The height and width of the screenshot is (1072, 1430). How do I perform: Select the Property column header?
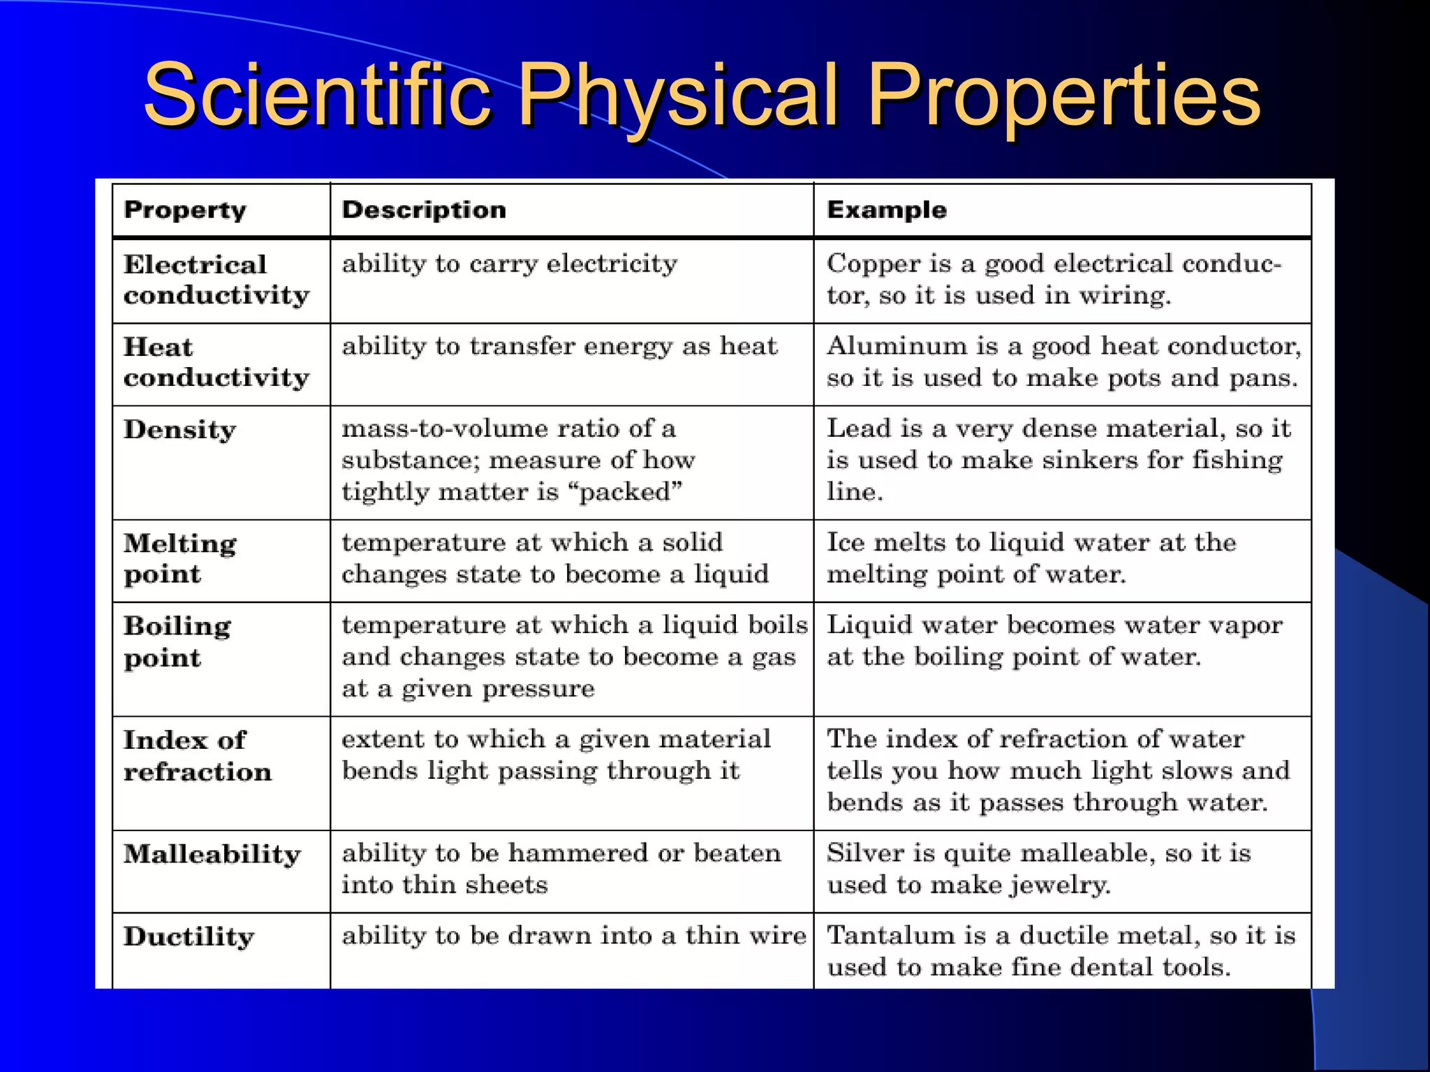coord(185,210)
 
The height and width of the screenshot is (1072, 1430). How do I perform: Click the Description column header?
coord(424,210)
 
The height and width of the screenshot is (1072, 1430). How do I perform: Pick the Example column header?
coord(887,210)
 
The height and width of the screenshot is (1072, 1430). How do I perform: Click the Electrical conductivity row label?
coord(216,280)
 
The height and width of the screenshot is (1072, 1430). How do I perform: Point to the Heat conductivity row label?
coord(216,362)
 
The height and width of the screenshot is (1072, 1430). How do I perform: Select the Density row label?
coord(180,429)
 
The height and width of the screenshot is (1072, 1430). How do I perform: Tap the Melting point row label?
coord(180,558)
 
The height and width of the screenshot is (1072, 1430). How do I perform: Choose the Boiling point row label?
coord(177,641)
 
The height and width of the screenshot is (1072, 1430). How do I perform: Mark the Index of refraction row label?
coord(197,756)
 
